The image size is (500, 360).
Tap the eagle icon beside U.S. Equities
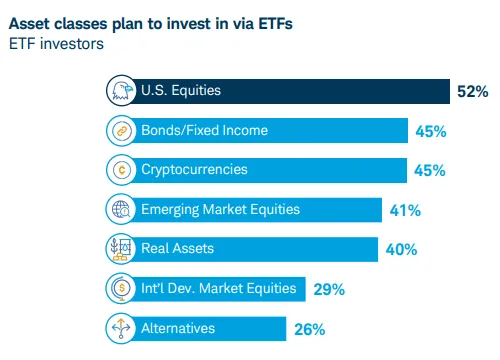pos(120,91)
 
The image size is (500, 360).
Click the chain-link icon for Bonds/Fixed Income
pos(120,130)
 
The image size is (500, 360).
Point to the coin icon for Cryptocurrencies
pos(120,170)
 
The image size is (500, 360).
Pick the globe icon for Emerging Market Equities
pos(120,209)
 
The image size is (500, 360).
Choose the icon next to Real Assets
pos(120,248)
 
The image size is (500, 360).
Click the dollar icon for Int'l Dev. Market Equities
pos(120,288)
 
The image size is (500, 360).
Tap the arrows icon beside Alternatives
pos(120,327)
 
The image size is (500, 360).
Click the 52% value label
pos(472,92)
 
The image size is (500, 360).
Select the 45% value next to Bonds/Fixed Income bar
pos(429,131)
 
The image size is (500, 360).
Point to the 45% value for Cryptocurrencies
pos(429,171)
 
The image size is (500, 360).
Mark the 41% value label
pos(405,210)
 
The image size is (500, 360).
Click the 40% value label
pos(400,249)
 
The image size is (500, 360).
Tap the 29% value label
pos(329,289)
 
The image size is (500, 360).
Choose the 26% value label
pos(310,328)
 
